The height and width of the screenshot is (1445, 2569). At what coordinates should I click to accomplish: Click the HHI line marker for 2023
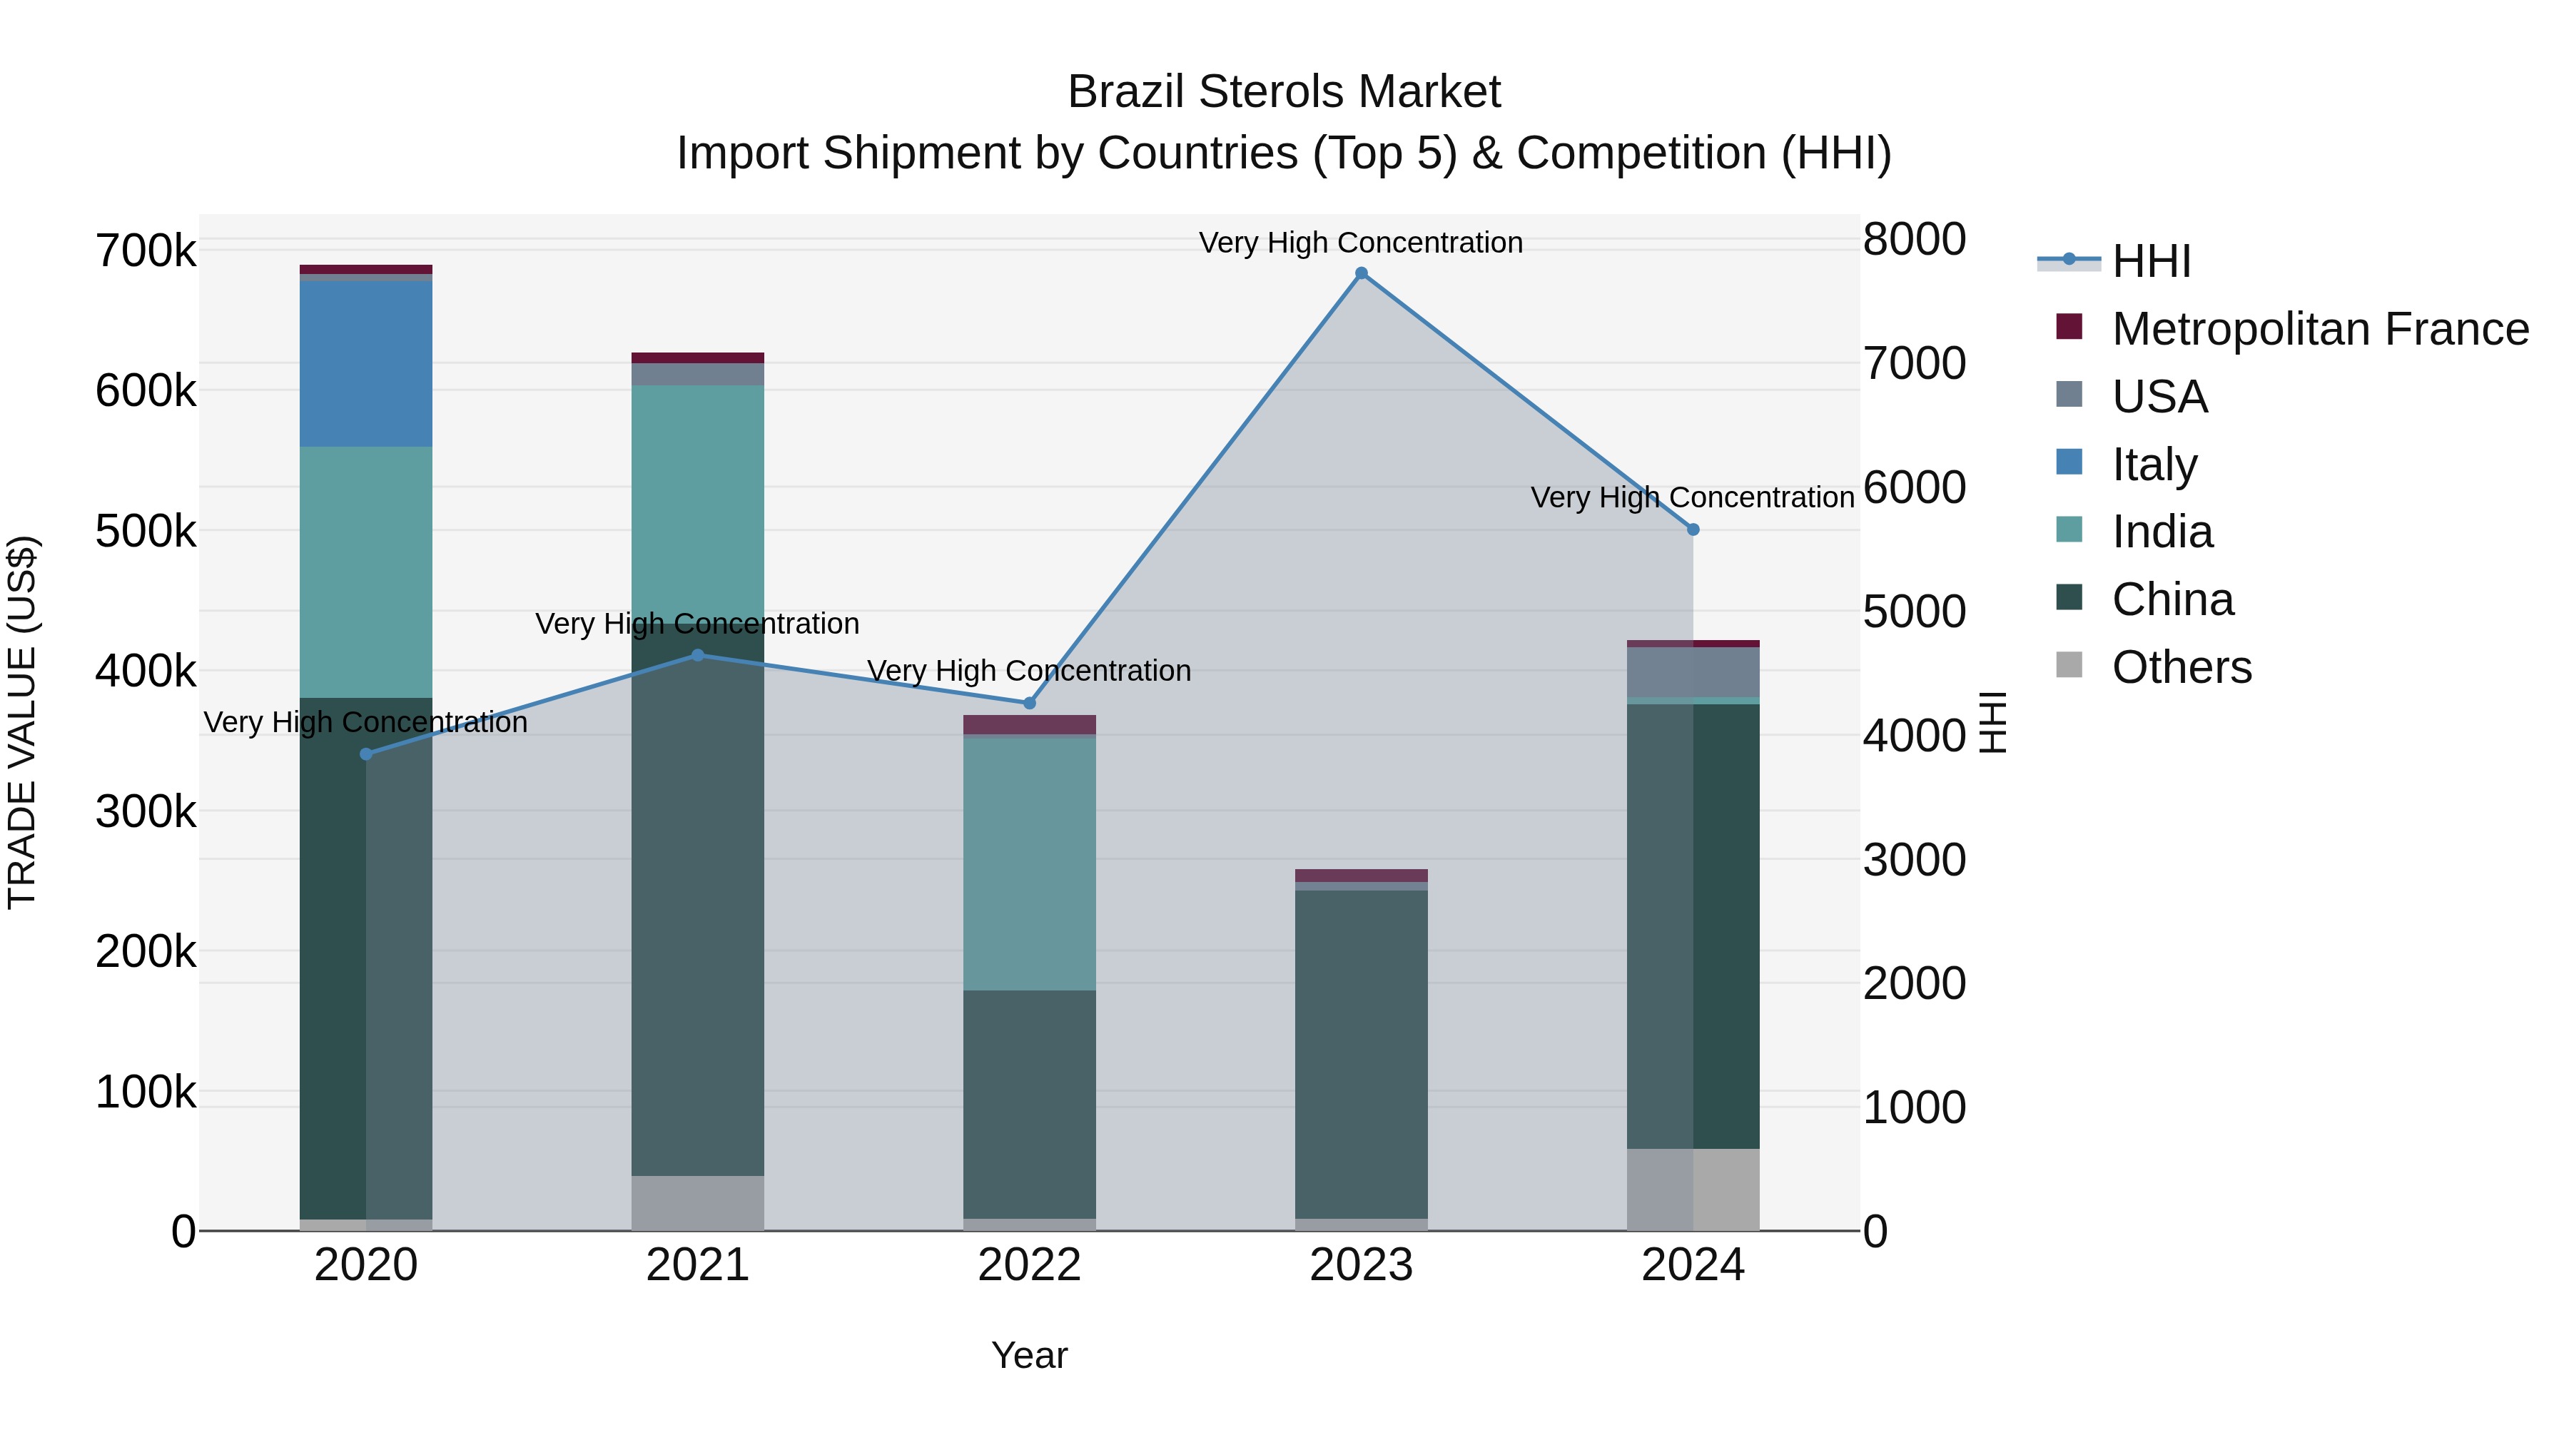click(1362, 273)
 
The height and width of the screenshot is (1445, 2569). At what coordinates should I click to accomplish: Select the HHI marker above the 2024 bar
click(1693, 529)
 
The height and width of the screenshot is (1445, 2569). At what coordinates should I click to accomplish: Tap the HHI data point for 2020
click(366, 754)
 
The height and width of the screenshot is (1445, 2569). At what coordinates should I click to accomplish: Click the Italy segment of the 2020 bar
click(366, 364)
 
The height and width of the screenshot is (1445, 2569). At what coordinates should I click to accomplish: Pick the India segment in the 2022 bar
click(1029, 863)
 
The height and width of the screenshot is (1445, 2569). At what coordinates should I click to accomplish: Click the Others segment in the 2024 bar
click(1693, 1189)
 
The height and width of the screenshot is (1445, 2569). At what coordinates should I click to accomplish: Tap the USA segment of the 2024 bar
click(1693, 672)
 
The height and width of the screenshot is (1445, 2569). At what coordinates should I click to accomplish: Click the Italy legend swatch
click(2069, 462)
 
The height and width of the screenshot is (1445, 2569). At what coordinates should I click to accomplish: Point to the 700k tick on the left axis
click(146, 250)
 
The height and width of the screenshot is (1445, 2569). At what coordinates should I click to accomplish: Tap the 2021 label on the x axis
click(697, 1265)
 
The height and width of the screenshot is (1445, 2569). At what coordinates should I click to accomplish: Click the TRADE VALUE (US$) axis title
click(22, 722)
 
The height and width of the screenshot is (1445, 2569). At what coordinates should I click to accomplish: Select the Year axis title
click(1029, 1355)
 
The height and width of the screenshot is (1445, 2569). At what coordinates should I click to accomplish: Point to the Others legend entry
click(2181, 667)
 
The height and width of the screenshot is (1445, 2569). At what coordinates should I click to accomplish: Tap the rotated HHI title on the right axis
click(1992, 722)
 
